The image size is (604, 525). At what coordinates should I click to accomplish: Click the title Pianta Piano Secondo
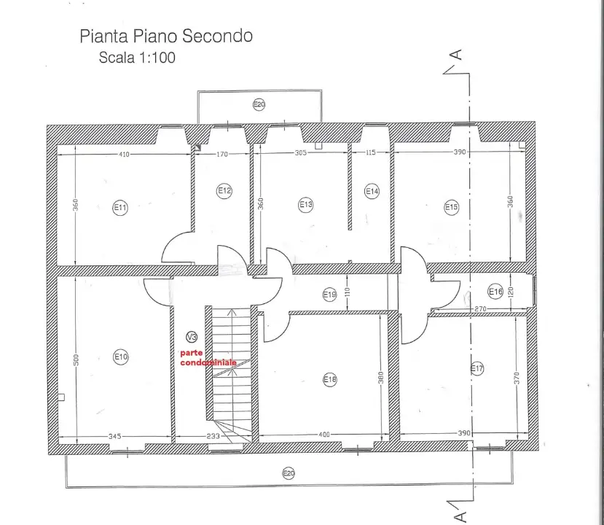(x=166, y=36)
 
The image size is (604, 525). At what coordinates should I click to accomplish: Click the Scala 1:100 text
(x=137, y=58)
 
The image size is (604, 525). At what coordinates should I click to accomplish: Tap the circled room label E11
(x=120, y=208)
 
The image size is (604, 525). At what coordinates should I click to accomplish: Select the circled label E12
(x=224, y=191)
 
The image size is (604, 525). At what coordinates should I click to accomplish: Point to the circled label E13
(x=306, y=205)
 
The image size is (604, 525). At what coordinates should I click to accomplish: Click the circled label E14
(x=372, y=191)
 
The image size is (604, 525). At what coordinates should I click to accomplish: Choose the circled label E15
(x=452, y=207)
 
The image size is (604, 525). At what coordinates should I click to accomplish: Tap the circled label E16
(x=495, y=292)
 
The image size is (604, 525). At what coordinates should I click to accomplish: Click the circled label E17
(x=477, y=369)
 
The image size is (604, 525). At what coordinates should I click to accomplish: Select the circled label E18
(x=330, y=379)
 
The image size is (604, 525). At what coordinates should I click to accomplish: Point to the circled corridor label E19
(x=329, y=295)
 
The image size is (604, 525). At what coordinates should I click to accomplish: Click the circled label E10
(x=121, y=357)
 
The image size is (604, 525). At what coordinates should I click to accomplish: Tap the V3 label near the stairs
(x=192, y=337)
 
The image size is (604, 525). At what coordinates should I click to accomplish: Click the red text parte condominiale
(x=208, y=357)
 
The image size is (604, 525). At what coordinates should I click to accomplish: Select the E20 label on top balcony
(x=259, y=104)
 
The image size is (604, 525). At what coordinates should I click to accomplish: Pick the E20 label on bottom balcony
(x=289, y=474)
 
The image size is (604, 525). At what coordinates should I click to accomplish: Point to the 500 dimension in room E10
(x=76, y=359)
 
